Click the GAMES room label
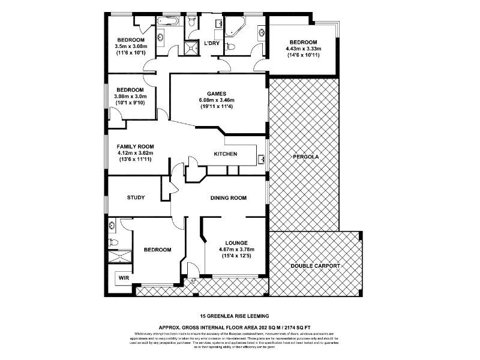(x=216, y=94)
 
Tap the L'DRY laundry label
(x=211, y=44)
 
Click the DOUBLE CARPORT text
(x=315, y=265)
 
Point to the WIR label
(x=124, y=278)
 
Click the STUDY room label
(x=136, y=197)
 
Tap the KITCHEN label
(x=226, y=154)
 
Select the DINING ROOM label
(x=229, y=197)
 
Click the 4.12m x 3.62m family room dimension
(x=136, y=153)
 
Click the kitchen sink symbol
(x=262, y=159)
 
